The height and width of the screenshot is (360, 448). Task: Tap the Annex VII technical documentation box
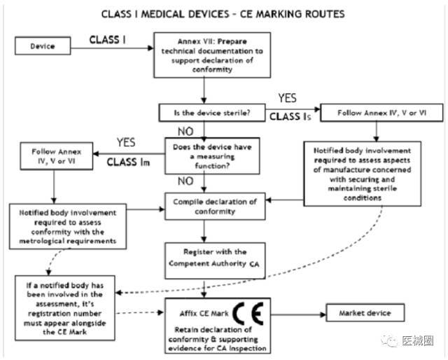[x=202, y=54]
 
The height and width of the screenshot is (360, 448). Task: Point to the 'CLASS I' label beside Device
[x=109, y=40]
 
